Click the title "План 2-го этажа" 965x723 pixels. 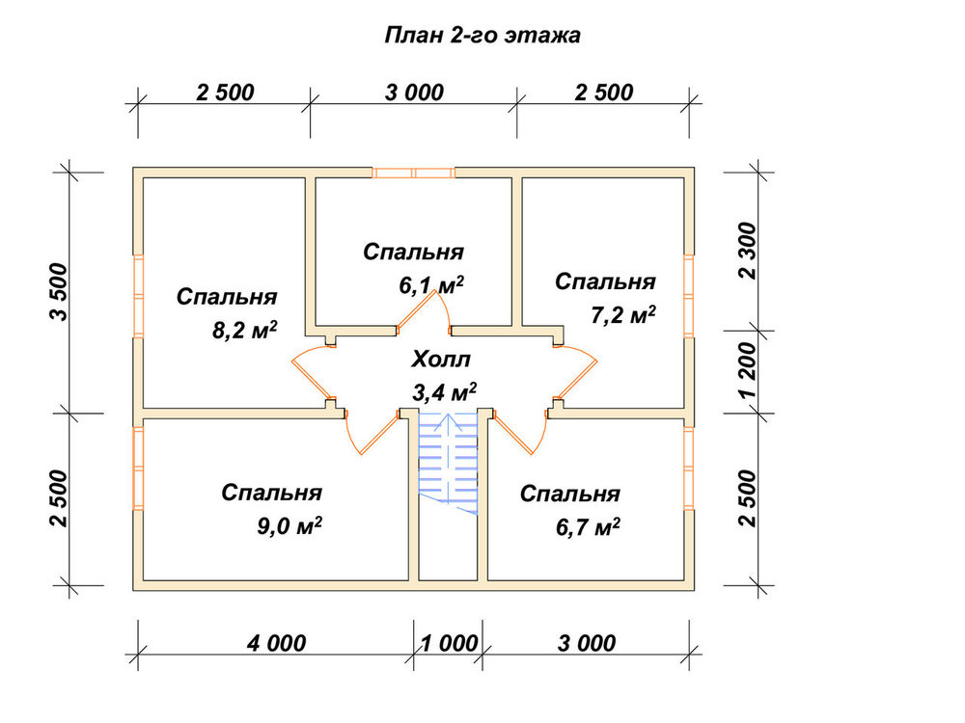point(482,35)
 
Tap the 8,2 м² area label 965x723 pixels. point(244,331)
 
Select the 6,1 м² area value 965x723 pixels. point(430,285)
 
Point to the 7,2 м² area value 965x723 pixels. point(622,315)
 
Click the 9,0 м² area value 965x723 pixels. point(289,527)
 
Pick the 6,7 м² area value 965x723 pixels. point(588,527)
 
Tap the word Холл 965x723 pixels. point(441,359)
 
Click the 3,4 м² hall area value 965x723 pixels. point(444,392)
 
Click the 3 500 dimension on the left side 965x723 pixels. point(59,292)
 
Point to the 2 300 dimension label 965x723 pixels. point(747,251)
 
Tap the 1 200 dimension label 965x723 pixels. point(747,371)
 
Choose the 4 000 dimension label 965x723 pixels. point(276,644)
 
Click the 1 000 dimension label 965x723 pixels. point(449,644)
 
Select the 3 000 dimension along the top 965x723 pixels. point(414,93)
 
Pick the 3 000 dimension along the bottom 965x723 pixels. point(587,644)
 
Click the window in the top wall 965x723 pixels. point(414,173)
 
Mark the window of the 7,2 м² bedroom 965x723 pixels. point(689,296)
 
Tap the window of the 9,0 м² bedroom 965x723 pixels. point(138,468)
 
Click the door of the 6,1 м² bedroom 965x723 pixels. point(425,311)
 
